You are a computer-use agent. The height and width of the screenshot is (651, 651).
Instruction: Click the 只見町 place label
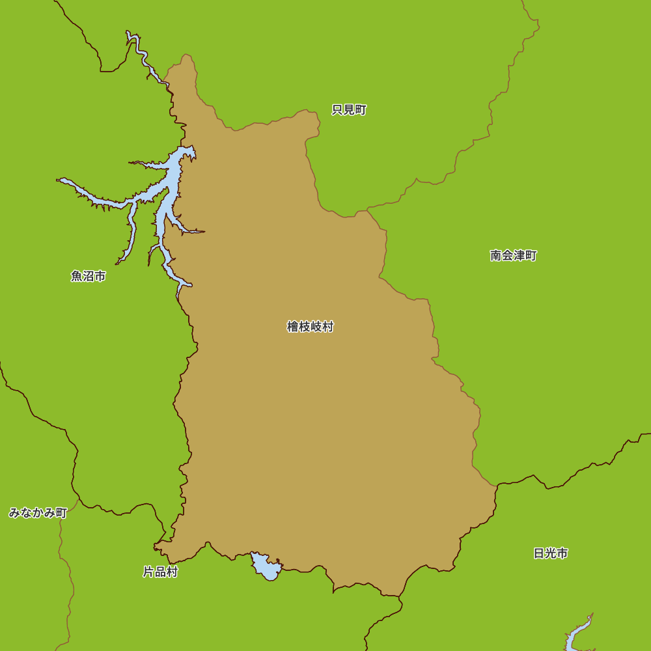pyautogui.click(x=349, y=110)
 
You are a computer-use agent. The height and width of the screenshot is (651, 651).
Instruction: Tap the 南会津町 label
pyautogui.click(x=514, y=255)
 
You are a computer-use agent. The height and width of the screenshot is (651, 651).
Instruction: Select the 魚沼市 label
pyautogui.click(x=89, y=276)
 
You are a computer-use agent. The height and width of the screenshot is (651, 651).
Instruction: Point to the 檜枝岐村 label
pyautogui.click(x=310, y=327)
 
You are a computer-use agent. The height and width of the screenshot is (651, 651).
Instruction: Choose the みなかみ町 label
pyautogui.click(x=38, y=513)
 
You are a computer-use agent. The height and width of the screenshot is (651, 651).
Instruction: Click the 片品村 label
pyautogui.click(x=160, y=572)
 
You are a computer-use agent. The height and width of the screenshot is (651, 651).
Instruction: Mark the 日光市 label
pyautogui.click(x=551, y=553)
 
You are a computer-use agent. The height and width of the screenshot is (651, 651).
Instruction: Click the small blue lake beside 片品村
pyautogui.click(x=267, y=567)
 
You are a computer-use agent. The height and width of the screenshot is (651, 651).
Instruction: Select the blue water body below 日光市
pyautogui.click(x=576, y=635)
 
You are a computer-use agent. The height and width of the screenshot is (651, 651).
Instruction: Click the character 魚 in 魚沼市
pyautogui.click(x=77, y=276)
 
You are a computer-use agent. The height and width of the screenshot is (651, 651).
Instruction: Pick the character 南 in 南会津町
pyautogui.click(x=496, y=255)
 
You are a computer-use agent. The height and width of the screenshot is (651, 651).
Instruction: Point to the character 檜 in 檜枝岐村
pyautogui.click(x=293, y=327)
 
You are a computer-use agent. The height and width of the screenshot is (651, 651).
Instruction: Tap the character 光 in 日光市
pyautogui.click(x=551, y=553)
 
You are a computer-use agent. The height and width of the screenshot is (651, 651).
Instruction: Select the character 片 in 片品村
pyautogui.click(x=148, y=572)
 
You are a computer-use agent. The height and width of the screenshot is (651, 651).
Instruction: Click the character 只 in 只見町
pyautogui.click(x=337, y=110)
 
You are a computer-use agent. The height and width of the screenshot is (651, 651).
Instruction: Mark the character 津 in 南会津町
pyautogui.click(x=519, y=255)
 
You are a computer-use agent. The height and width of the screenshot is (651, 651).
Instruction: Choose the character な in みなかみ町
pyautogui.click(x=26, y=513)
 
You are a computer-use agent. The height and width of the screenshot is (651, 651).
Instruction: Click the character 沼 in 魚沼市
pyautogui.click(x=89, y=276)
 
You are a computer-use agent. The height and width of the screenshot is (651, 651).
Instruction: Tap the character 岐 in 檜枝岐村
pyautogui.click(x=316, y=327)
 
